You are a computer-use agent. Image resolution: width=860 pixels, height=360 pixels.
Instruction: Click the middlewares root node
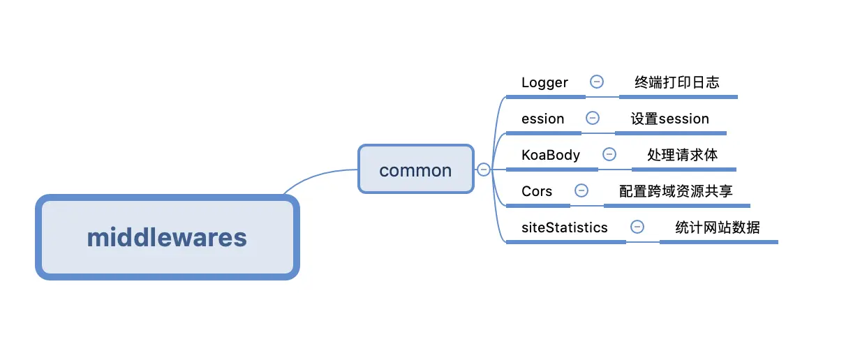pos(168,237)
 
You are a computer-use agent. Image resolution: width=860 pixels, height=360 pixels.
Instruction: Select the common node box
pos(416,169)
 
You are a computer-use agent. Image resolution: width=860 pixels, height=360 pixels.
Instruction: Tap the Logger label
pos(544,82)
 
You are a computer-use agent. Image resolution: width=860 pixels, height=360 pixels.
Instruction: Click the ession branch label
pos(542,119)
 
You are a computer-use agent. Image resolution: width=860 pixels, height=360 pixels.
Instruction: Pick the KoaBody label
pos(551,155)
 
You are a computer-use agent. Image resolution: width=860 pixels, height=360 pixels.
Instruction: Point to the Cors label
pos(536,191)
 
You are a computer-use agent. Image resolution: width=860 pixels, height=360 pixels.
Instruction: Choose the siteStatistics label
pos(564,227)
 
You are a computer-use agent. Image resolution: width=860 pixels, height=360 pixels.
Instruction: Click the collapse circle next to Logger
pos(597,82)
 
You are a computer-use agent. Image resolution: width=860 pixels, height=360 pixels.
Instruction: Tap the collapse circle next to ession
pos(593,118)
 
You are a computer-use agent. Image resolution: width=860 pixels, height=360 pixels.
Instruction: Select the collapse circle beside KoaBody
pos(609,154)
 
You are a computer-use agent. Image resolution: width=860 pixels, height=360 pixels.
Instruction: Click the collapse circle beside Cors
pos(581,190)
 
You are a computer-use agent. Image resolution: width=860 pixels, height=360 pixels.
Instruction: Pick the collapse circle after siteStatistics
pos(637,227)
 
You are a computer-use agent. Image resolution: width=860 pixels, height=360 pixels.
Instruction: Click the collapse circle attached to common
pos(483,170)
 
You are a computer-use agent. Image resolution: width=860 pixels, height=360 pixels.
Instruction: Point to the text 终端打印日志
pos(677,82)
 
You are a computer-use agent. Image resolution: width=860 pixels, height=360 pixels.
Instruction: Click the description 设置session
pos(670,119)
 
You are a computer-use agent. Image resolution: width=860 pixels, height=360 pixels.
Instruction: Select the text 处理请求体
pos(682,155)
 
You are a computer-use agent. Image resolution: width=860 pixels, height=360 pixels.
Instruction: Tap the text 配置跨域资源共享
pos(676,191)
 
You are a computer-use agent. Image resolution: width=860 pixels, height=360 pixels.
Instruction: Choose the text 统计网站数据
pos(718,227)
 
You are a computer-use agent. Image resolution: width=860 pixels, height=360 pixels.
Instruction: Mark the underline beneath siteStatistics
pos(566,242)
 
